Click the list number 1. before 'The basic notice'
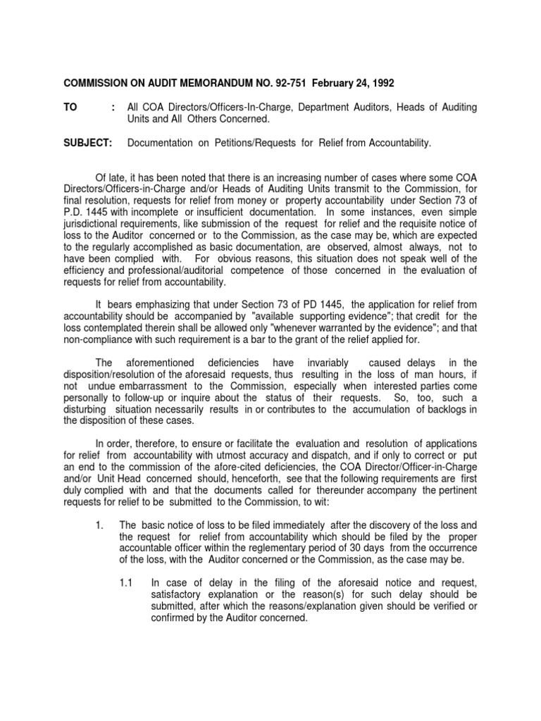99,525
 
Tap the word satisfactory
180,595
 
